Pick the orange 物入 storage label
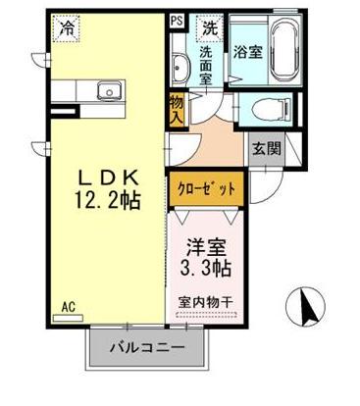pos(177,108)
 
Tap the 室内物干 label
pos(209,302)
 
